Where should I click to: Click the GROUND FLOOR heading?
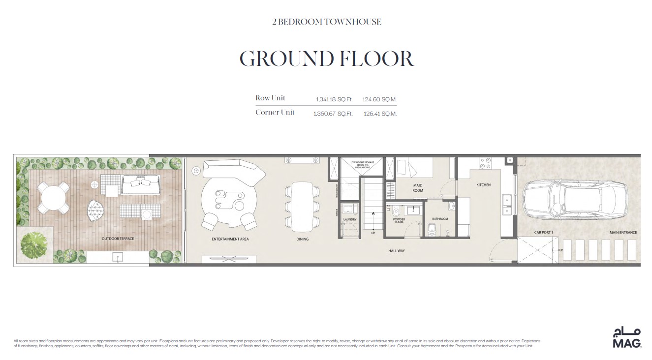[x=326, y=59]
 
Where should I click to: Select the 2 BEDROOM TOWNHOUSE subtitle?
[x=326, y=22]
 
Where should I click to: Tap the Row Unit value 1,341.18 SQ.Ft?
[x=334, y=99]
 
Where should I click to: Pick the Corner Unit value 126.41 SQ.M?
[x=380, y=114]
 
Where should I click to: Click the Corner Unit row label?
[x=275, y=113]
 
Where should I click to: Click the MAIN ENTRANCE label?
[x=623, y=233]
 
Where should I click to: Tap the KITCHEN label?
[x=483, y=185]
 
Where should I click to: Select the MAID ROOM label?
[x=417, y=188]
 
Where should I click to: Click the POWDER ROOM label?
[x=399, y=220]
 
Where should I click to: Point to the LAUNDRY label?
[x=350, y=219]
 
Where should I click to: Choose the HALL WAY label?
[x=396, y=251]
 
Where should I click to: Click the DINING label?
[x=302, y=240]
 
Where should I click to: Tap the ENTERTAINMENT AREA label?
[x=230, y=240]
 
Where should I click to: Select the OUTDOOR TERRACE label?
[x=118, y=239]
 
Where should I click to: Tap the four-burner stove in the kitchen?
[x=485, y=163]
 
